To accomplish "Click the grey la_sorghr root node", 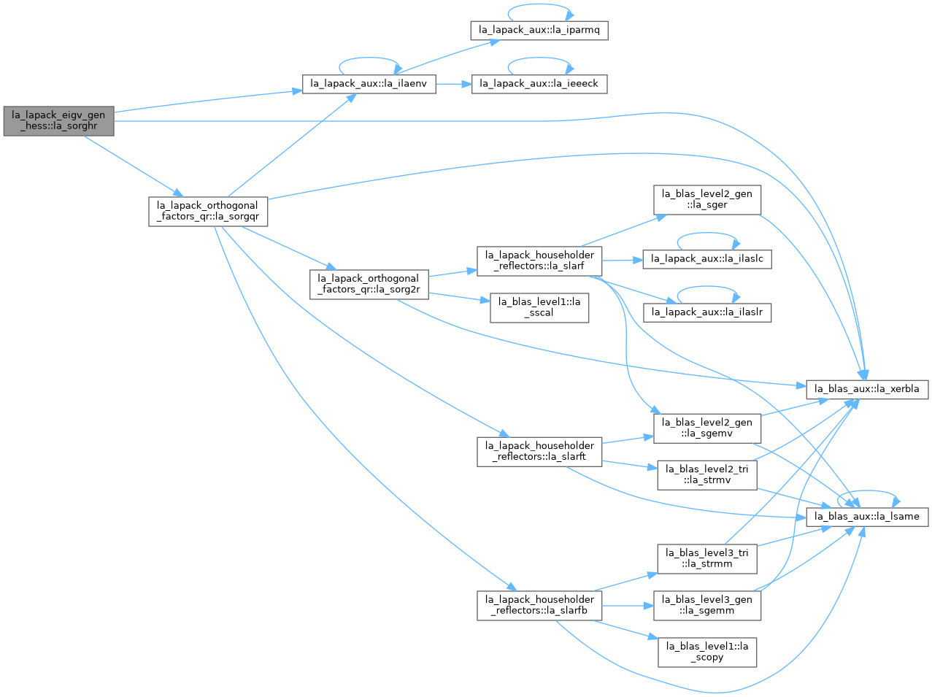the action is point(58,121).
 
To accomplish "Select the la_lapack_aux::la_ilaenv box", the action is point(369,84).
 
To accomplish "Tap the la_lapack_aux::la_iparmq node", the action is point(539,31).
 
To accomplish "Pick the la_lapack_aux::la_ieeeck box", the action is point(539,84).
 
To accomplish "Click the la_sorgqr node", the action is point(207,212).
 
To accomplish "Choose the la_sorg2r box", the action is point(369,285).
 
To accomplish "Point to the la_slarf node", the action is point(539,261).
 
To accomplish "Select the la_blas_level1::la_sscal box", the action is point(539,308).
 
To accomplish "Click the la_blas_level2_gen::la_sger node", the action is point(706,200).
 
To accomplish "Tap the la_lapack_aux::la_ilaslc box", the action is point(706,259).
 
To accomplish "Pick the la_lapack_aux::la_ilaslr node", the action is point(706,313).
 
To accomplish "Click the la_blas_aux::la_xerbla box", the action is point(866,389).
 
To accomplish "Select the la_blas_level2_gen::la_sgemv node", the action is point(706,428).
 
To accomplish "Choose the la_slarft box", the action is point(539,452).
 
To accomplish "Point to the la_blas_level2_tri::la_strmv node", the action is point(706,475).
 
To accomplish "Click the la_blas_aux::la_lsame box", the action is point(866,517).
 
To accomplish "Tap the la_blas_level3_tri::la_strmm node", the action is point(706,559).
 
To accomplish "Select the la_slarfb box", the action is point(539,606).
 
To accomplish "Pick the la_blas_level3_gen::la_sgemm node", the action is point(706,606).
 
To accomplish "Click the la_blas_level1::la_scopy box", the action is point(706,652).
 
